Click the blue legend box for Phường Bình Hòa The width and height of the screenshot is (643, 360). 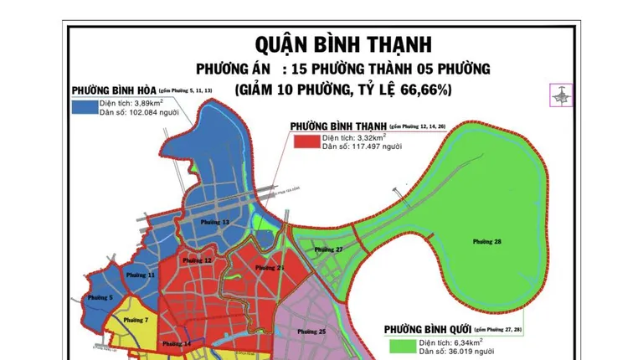coord(83,106)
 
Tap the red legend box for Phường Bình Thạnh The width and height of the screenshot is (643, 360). coord(306,141)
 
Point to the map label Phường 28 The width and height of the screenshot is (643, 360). coord(486,242)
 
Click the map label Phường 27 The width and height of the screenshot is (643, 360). coord(329,249)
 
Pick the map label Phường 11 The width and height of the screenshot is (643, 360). coord(140,275)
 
